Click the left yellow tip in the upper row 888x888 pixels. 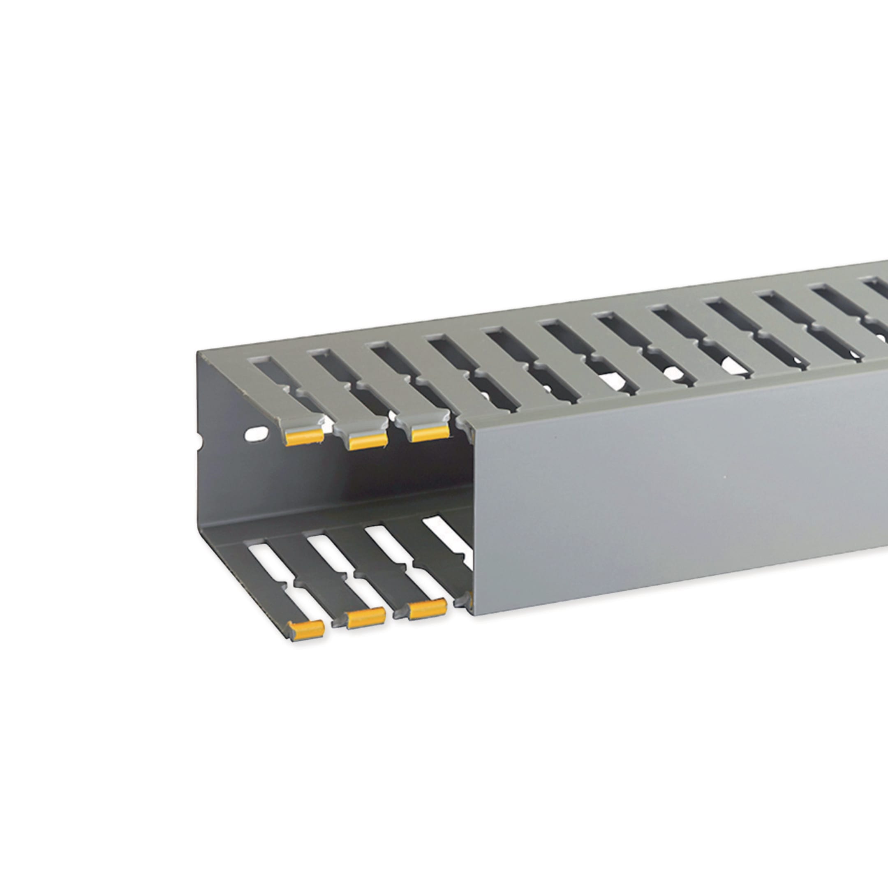[304, 438]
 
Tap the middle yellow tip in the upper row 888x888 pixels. [368, 441]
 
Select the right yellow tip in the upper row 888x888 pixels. [430, 433]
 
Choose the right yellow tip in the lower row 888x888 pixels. [427, 609]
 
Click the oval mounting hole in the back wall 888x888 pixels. [257, 433]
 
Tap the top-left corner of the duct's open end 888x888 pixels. [198, 353]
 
